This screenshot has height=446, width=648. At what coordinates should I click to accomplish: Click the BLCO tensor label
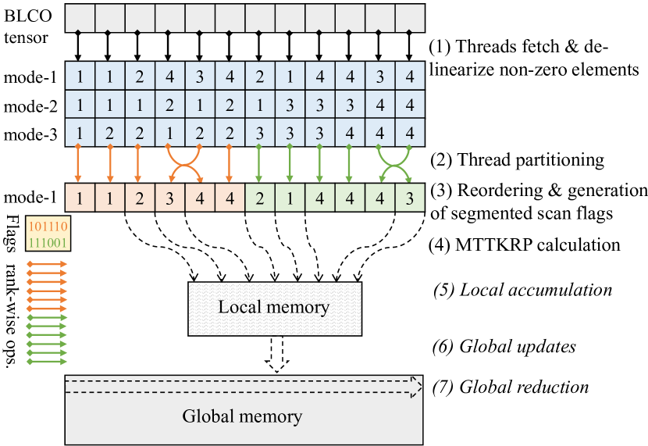(x=27, y=25)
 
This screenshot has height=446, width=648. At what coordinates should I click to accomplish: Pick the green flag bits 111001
(x=47, y=243)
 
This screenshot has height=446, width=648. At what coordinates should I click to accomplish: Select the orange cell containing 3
(x=169, y=195)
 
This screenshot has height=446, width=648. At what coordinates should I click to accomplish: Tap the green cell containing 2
(x=259, y=195)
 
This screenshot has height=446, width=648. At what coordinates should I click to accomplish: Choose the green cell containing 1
(x=290, y=195)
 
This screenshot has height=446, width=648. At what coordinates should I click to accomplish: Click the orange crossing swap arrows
(x=184, y=162)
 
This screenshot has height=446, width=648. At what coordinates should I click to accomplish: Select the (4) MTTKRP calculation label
(x=525, y=245)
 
